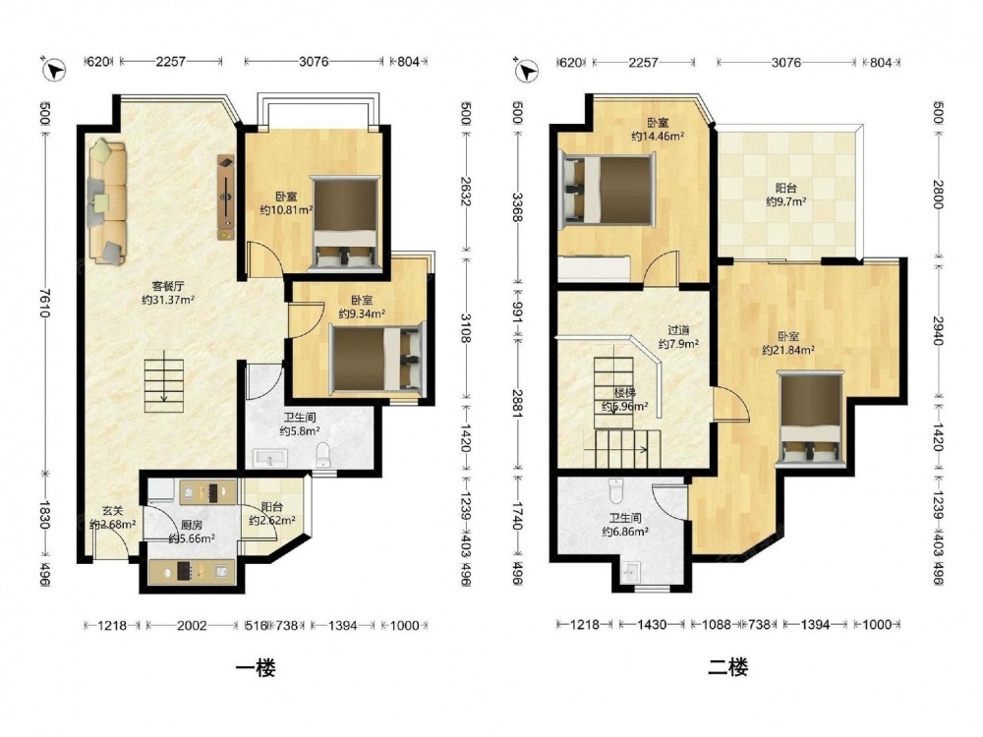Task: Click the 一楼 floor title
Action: (256, 667)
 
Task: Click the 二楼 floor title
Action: (727, 667)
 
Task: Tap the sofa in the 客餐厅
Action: (107, 201)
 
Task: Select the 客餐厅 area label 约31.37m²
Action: (168, 300)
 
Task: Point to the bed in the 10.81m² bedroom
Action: (345, 224)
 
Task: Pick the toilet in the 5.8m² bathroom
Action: (323, 454)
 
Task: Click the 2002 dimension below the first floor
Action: (192, 625)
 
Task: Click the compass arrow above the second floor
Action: (527, 70)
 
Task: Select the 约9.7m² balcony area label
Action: (786, 201)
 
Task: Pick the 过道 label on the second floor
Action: (678, 330)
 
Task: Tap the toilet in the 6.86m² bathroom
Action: (616, 490)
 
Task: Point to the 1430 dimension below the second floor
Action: (652, 625)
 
